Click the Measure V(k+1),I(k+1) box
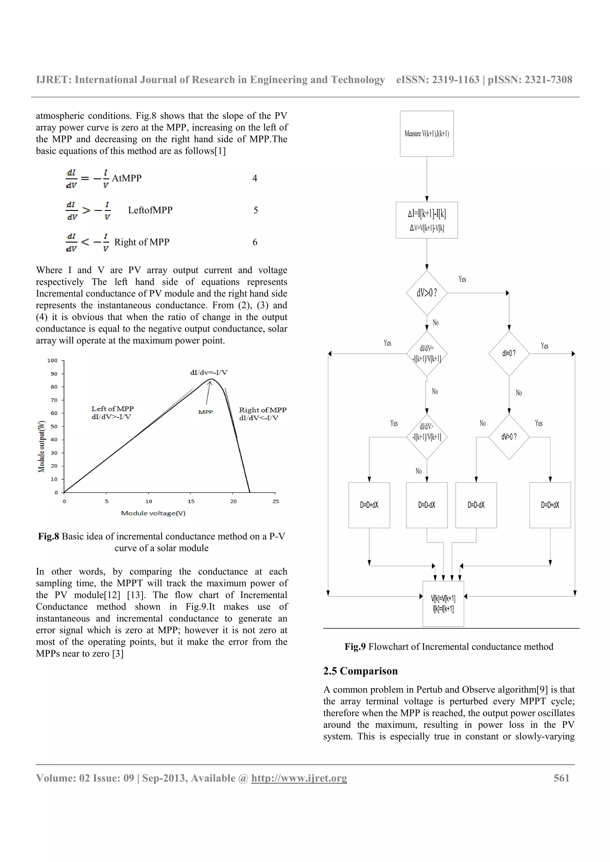coord(427,134)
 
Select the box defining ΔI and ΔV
coord(427,220)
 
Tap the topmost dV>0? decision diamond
coord(427,293)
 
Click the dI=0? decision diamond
coord(509,353)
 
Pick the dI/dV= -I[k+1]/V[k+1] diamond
coord(427,353)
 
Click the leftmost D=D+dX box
coord(369,505)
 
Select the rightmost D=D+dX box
coord(550,505)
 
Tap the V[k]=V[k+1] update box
coord(443,603)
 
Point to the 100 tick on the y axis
coord(52,361)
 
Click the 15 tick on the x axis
coord(191,501)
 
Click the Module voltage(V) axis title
coord(153,513)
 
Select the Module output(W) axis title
coord(41,446)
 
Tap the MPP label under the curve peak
coord(206,412)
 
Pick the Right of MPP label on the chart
coord(262,410)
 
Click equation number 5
coord(256,210)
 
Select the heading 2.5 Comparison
coord(360,671)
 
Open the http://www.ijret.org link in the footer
coord(299,778)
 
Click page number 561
coord(561,778)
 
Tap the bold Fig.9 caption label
coord(355,647)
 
